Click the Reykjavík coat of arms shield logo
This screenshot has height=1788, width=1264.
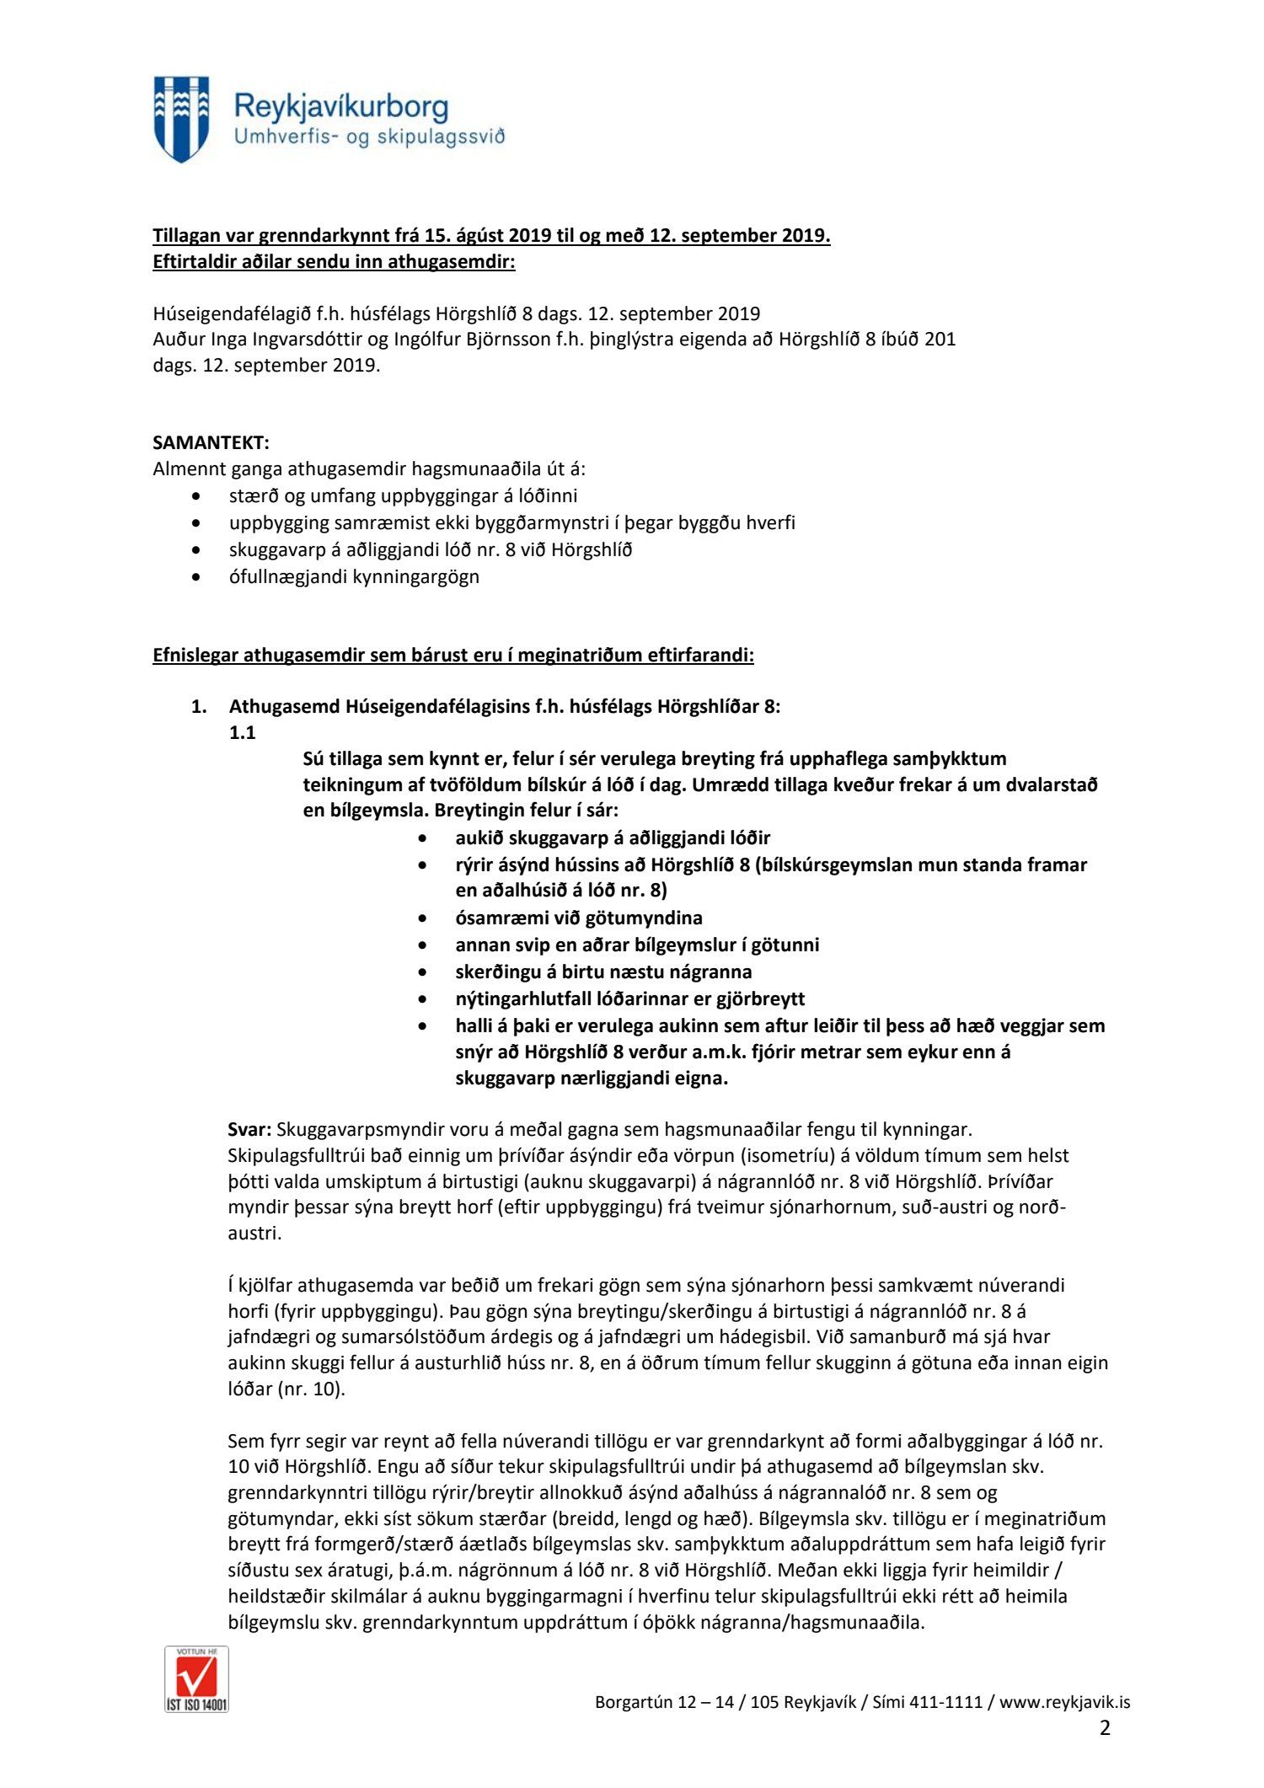coord(181,119)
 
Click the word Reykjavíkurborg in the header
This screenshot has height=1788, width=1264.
coord(340,107)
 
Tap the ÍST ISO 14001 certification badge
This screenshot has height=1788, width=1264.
coord(196,1689)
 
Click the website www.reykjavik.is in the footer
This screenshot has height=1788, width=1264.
coord(1064,1701)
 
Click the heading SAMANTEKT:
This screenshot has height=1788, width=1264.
coord(211,442)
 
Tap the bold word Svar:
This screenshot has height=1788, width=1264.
coord(249,1129)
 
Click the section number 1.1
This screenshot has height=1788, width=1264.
coord(242,732)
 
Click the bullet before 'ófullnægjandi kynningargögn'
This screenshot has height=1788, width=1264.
coord(196,577)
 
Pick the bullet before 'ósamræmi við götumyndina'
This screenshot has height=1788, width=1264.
coord(423,918)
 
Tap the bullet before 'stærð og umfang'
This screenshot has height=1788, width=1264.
coord(196,496)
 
